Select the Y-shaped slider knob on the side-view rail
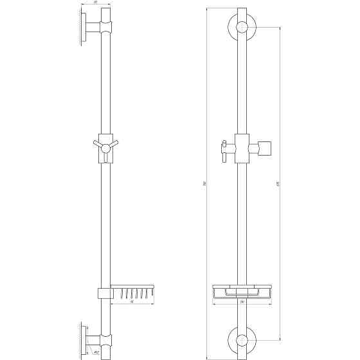point(103,147)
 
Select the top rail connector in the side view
point(104,27)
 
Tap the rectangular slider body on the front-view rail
point(242,148)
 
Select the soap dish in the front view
point(242,293)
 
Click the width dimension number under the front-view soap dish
point(242,301)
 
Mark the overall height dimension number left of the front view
point(203,183)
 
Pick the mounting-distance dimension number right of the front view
point(277,183)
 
